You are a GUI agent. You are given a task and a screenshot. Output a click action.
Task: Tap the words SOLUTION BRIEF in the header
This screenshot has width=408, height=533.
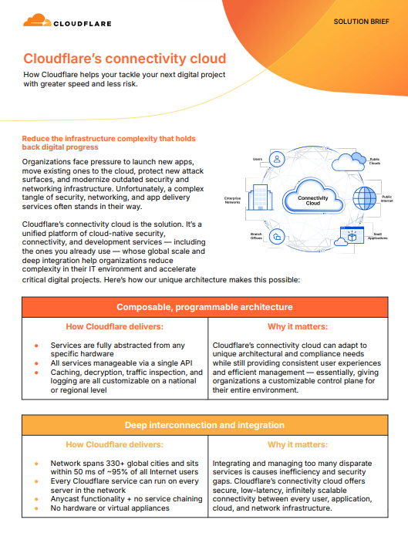point(362,22)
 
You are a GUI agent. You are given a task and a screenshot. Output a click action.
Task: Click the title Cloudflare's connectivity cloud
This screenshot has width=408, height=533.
point(124,59)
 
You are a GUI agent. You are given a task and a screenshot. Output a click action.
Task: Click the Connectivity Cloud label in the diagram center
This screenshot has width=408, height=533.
point(313,201)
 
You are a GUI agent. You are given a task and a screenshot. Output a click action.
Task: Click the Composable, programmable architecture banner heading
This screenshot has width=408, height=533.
point(204,307)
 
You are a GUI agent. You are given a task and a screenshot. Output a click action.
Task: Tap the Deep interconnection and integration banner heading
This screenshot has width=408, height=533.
point(204,425)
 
